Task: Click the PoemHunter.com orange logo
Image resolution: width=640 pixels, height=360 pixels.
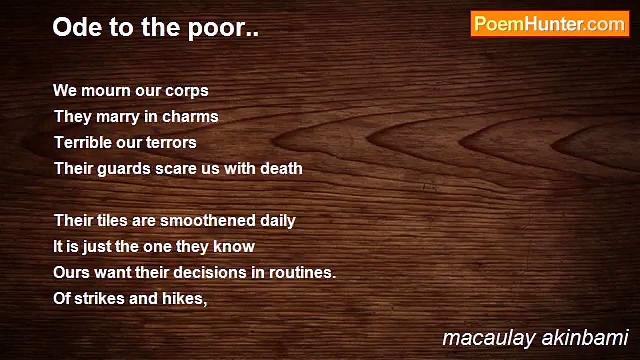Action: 550,24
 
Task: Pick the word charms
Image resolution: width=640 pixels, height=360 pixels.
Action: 190,116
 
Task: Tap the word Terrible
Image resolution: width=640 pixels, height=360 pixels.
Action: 82,142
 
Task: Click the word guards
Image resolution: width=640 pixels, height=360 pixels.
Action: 124,169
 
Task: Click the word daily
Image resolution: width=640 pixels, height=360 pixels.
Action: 278,221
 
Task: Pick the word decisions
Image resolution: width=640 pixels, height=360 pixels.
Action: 210,272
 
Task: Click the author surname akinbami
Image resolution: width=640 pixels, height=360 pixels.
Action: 585,338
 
